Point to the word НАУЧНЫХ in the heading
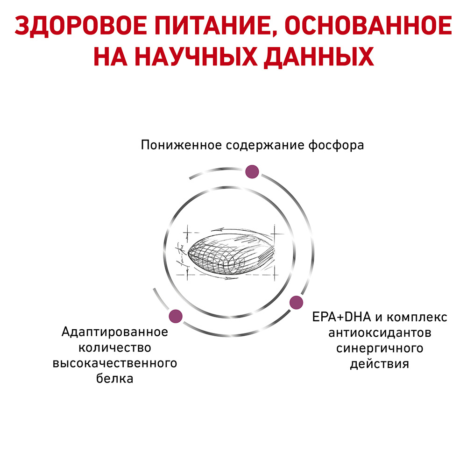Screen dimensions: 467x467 pos(196,57)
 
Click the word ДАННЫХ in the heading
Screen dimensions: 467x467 pos(319,57)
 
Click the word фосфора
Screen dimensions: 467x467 pos(336,146)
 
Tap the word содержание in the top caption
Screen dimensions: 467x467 pos(265,146)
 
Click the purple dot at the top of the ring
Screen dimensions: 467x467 pos(252,172)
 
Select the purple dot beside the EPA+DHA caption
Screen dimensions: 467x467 pos(297,303)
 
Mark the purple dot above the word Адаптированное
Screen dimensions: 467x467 pos(176,316)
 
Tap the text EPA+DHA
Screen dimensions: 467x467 pos(341,317)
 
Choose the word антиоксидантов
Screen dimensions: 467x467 pos(380,333)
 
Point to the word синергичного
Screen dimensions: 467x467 pos(380,348)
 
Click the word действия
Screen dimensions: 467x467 pos(379,364)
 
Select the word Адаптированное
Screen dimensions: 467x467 pos(115,332)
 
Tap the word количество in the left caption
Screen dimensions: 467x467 pos(115,348)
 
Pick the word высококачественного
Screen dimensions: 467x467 pos(115,363)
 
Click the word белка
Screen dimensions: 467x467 pos(115,379)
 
